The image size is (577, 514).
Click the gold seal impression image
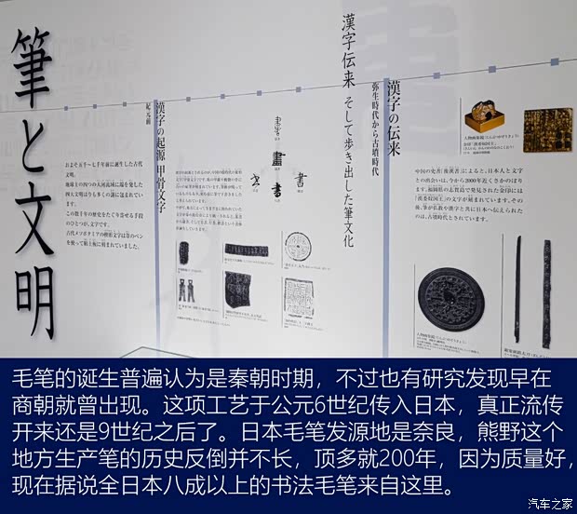tap(540, 130)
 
